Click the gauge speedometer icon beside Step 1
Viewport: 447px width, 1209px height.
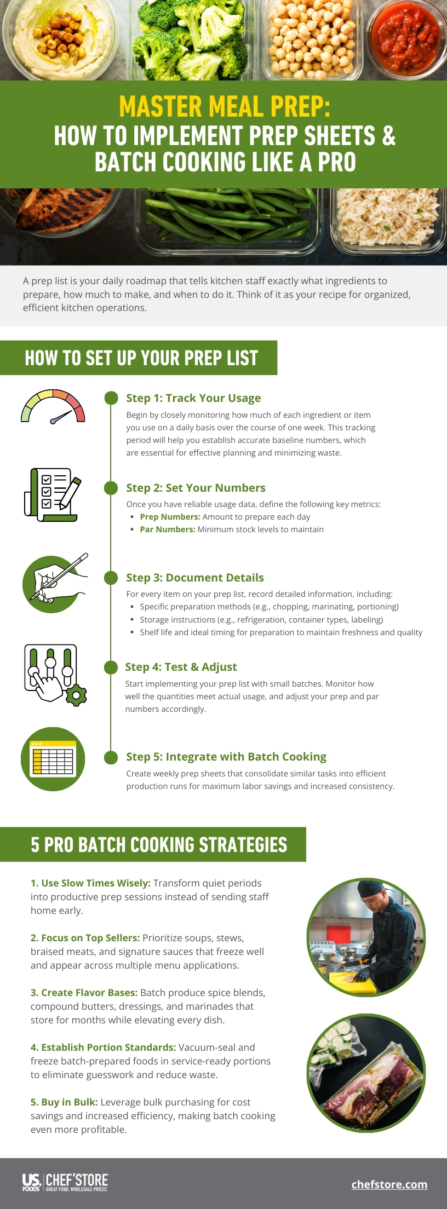[53, 407]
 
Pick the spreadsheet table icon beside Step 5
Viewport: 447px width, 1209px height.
[53, 759]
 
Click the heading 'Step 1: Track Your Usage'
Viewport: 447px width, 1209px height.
[193, 398]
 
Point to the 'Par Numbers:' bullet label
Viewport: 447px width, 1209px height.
[167, 529]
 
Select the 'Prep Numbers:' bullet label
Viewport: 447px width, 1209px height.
[170, 517]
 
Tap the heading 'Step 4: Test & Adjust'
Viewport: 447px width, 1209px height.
[181, 667]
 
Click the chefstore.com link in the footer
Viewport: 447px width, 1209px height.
[389, 1184]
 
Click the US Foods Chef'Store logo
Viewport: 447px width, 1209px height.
[65, 1183]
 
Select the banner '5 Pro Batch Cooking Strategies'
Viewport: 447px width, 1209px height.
[159, 844]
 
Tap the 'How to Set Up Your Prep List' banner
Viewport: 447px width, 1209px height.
[141, 358]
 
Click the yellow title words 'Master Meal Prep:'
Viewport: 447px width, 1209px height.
[225, 106]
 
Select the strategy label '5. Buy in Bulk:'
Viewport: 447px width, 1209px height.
[64, 1102]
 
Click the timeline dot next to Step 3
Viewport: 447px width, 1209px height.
[111, 578]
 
